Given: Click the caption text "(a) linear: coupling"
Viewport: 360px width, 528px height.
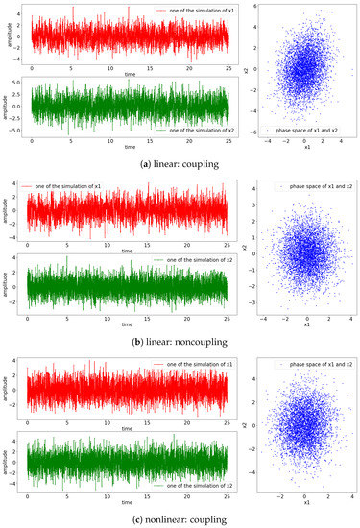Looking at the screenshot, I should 180,160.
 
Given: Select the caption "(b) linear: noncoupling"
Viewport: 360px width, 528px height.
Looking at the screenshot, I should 180,337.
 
